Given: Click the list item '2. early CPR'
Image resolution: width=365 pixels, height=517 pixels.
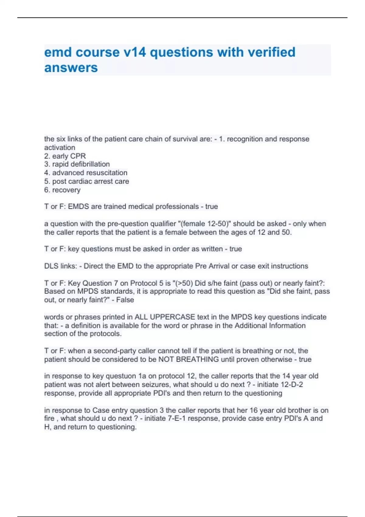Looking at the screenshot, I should pos(65,156).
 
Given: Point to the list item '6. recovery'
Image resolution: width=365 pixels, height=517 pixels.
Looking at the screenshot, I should pos(62,190).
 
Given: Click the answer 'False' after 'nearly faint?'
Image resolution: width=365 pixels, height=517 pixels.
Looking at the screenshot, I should pos(125,300).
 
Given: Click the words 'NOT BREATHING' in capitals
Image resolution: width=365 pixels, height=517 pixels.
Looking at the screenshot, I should pos(189,359).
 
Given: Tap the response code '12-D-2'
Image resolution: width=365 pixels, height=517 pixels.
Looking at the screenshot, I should pos(292,384).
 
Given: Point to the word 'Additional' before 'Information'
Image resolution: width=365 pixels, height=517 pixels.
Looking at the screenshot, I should pos(251,325).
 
